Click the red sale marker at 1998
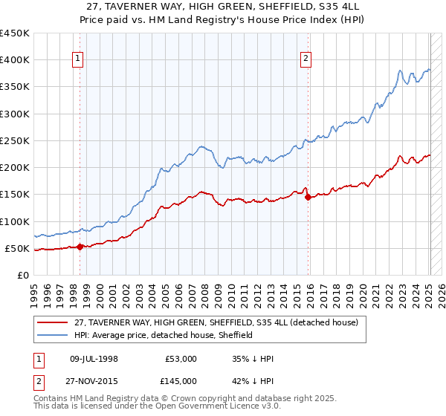pyautogui.click(x=80, y=247)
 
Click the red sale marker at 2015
pyautogui.click(x=308, y=197)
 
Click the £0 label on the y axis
pyautogui.click(x=22, y=275)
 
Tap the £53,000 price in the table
pyautogui.click(x=181, y=359)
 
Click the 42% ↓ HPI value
pyautogui.click(x=253, y=381)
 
